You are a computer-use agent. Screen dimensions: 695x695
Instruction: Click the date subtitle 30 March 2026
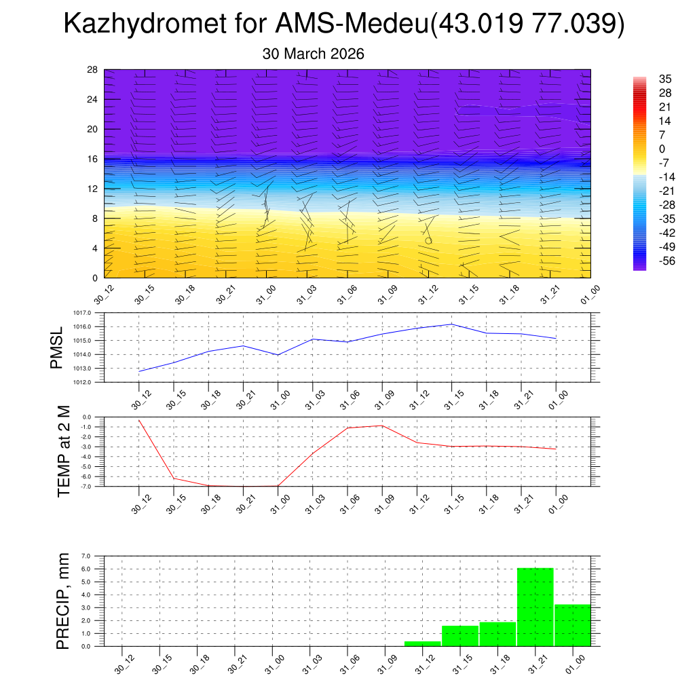pos(313,54)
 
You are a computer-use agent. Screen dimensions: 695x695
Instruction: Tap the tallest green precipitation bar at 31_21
pos(535,607)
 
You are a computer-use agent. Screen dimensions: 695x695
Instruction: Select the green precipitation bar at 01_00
pos(572,625)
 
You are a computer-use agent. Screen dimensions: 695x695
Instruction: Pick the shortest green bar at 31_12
pos(422,643)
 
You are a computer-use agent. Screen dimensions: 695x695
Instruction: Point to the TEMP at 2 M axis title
pos(64,451)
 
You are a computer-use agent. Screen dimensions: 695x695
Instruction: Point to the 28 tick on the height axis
pos(93,70)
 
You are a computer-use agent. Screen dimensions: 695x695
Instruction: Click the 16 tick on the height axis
pos(93,159)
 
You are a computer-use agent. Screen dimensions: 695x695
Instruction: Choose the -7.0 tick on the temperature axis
pos(86,486)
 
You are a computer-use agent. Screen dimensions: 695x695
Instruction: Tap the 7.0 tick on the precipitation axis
pos(86,556)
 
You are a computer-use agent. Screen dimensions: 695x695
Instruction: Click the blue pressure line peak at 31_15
pos(452,324)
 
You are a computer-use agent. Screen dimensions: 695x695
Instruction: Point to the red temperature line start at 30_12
pos(139,420)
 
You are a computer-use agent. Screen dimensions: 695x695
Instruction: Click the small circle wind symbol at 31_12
pos(428,240)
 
